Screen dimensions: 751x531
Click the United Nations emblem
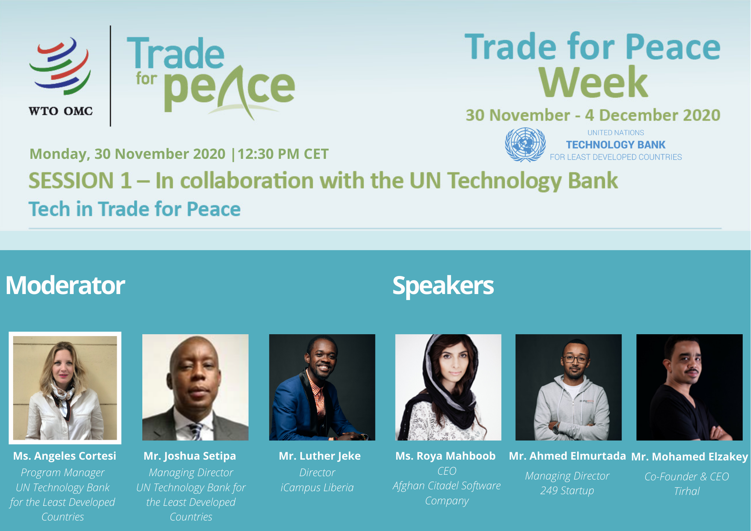525,145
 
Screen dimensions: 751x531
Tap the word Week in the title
593,82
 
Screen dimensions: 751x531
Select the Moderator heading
65,285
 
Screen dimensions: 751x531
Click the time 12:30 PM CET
283,154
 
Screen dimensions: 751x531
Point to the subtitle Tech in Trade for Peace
134,209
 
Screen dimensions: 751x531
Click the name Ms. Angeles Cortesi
65,456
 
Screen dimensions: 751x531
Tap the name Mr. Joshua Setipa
190,456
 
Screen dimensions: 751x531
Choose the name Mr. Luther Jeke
320,456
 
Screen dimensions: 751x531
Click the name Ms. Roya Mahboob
445,456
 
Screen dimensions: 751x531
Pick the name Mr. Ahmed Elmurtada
567,456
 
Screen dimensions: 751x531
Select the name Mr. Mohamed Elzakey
690,457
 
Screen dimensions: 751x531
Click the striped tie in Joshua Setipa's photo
196,431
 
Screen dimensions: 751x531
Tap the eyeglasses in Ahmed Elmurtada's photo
575,359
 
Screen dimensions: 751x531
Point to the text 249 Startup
567,490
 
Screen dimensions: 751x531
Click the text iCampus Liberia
317,487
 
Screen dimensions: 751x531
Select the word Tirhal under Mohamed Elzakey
687,491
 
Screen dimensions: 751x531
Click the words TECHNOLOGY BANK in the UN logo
615,145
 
